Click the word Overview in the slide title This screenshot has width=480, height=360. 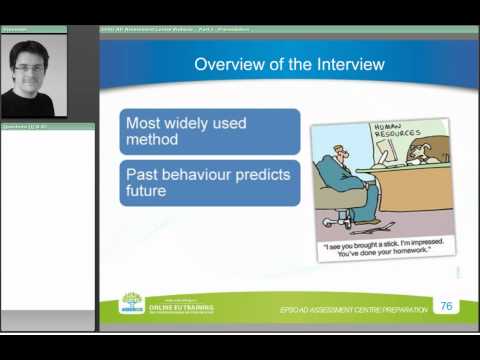226,66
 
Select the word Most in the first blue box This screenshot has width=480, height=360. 143,122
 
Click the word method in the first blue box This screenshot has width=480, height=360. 151,140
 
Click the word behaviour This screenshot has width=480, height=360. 197,174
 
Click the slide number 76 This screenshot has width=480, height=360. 446,305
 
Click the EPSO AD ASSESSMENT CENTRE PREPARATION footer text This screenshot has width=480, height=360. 354,310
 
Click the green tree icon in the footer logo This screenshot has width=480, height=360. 131,300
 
